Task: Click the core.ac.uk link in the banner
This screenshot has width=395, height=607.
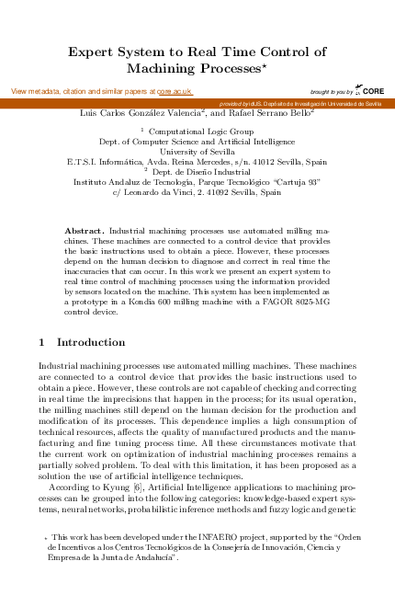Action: (x=175, y=92)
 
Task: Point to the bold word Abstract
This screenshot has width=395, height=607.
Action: (x=86, y=229)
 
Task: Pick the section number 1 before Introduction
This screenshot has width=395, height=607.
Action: (x=42, y=342)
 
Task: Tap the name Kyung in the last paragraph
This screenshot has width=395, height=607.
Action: (x=91, y=483)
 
